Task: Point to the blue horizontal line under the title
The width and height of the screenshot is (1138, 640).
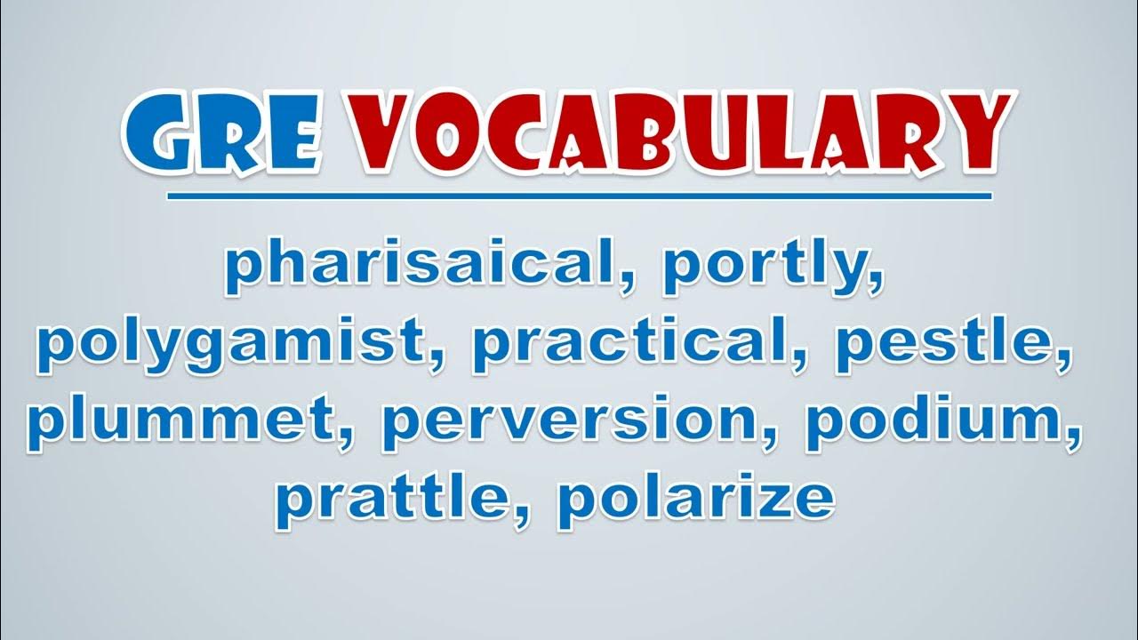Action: coord(579,196)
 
